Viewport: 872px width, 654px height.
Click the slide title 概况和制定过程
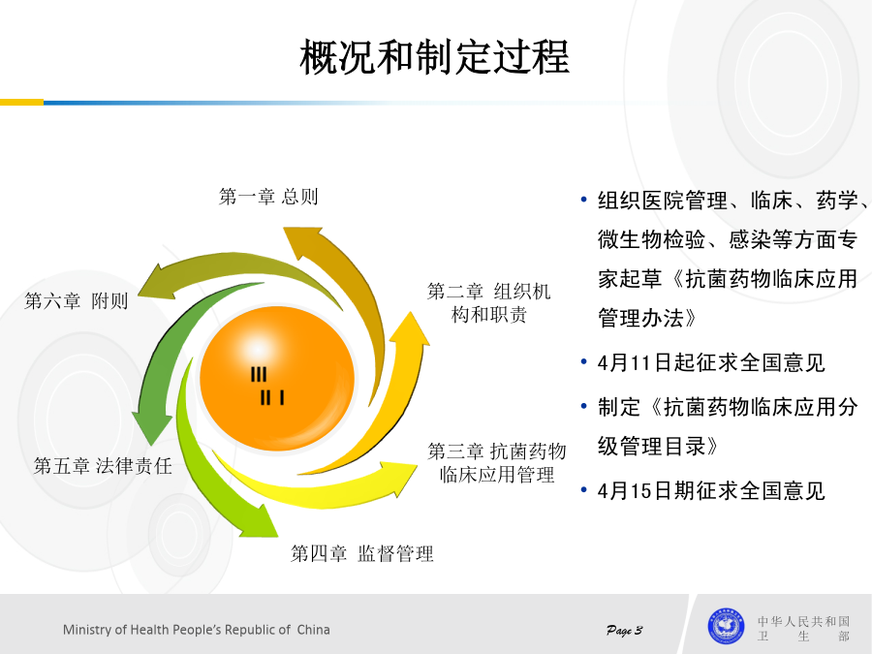click(434, 57)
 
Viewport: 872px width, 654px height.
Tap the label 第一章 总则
click(268, 197)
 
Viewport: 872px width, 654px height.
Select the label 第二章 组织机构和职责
click(489, 303)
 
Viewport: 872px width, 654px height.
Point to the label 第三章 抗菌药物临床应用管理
click(497, 463)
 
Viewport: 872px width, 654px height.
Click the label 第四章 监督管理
click(362, 553)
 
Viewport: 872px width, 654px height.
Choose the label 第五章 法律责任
click(103, 466)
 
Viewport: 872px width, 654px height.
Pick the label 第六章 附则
click(77, 301)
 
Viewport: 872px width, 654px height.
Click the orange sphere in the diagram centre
click(277, 378)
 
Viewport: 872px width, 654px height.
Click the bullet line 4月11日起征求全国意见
click(711, 362)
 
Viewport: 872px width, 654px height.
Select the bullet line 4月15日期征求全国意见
click(711, 491)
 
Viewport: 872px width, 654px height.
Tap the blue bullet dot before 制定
click(583, 407)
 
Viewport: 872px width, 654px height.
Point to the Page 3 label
click(624, 630)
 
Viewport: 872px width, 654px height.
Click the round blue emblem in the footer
click(726, 626)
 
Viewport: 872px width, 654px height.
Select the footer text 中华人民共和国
click(803, 621)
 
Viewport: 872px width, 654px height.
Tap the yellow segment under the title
click(21, 103)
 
